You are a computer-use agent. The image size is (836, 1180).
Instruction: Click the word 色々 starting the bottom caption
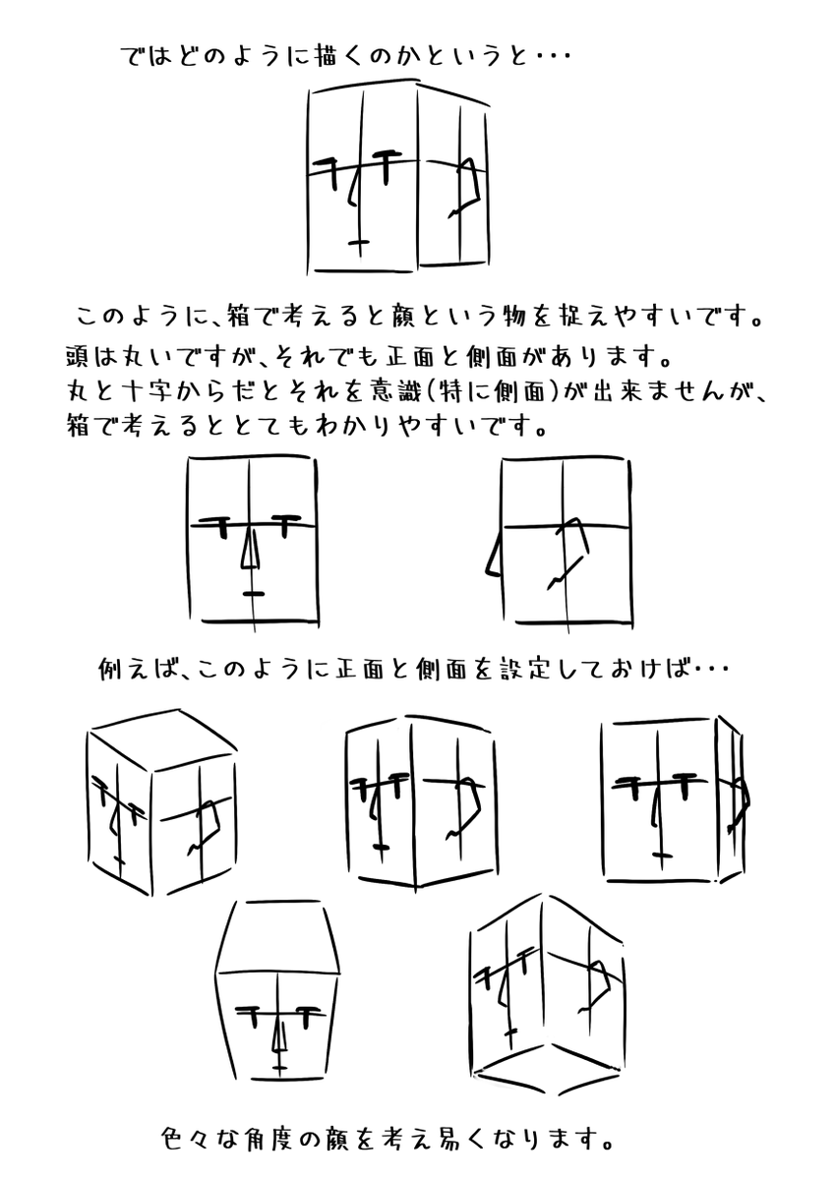pos(186,1139)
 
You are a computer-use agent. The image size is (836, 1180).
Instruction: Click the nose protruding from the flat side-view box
pos(493,557)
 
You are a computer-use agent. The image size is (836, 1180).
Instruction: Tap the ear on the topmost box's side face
pos(464,188)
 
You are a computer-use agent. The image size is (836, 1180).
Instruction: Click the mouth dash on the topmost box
pos(359,242)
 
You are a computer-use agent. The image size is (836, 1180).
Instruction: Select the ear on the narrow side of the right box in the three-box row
pos(739,807)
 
